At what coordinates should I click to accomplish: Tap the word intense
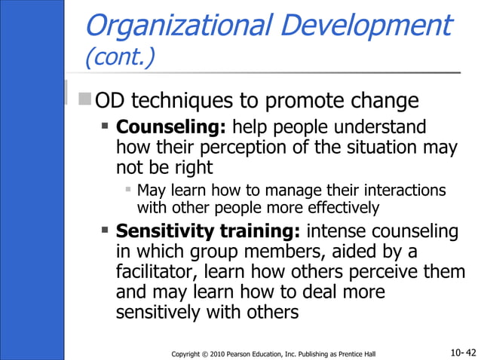point(340,230)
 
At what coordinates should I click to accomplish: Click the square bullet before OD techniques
point(85,99)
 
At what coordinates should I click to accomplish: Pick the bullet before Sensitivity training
point(106,229)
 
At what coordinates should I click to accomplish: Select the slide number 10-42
point(462,352)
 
